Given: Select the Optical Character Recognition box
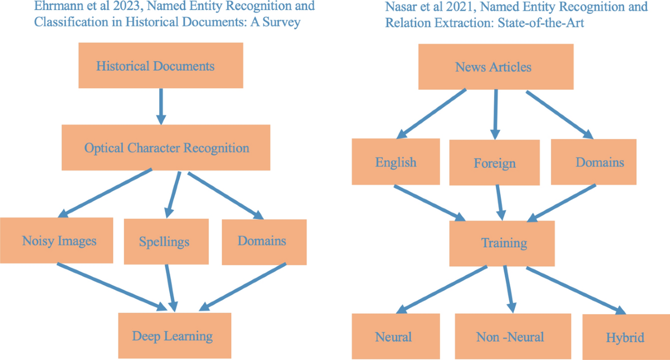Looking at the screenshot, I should pyautogui.click(x=166, y=148).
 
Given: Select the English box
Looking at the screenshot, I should pyautogui.click(x=395, y=162).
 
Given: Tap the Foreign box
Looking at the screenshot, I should pyautogui.click(x=494, y=163).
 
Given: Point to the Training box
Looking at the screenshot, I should pyautogui.click(x=502, y=243).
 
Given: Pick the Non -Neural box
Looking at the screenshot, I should pyautogui.click(x=510, y=337).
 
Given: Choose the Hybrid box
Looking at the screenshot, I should pyautogui.click(x=625, y=337).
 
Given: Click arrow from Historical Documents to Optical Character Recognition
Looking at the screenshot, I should pyautogui.click(x=161, y=106).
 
